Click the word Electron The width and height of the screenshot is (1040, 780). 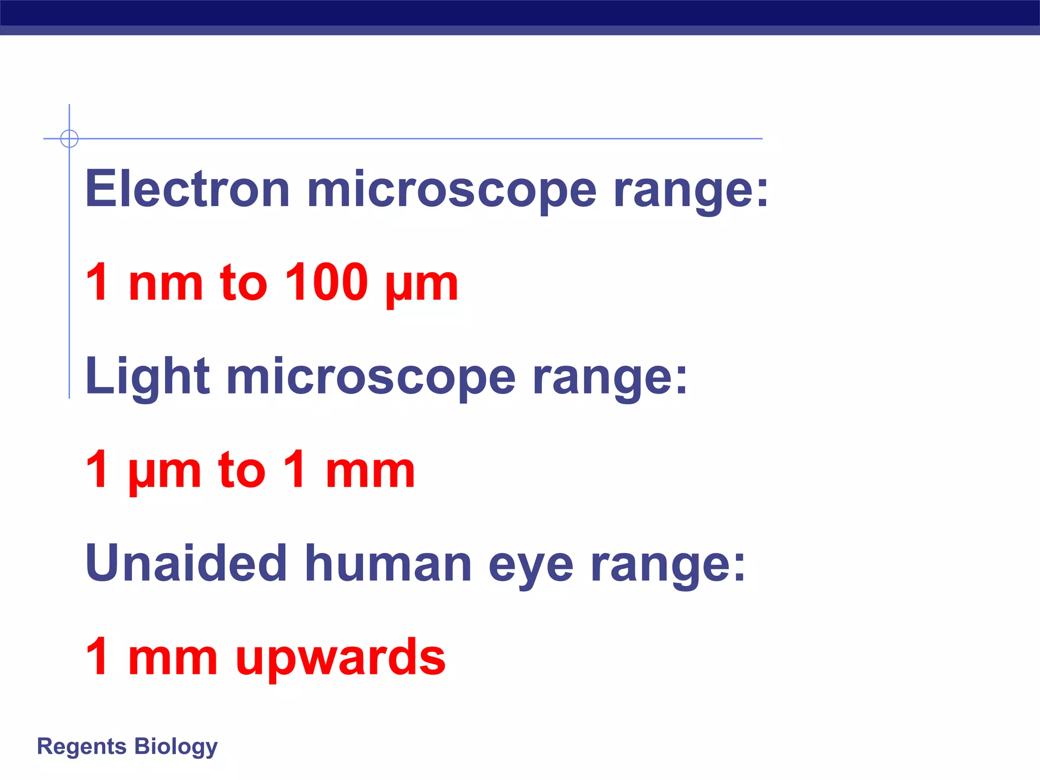coord(187,189)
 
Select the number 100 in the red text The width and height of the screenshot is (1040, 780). coord(326,282)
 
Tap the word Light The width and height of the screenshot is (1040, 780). coord(147,377)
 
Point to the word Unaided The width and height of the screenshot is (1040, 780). coord(186,564)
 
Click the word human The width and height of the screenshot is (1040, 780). coord(388,564)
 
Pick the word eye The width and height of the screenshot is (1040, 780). coord(531,566)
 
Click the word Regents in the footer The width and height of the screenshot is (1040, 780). coord(82,746)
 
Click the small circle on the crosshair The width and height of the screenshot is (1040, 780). coord(69,139)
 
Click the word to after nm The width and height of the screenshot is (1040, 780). coord(243,282)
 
